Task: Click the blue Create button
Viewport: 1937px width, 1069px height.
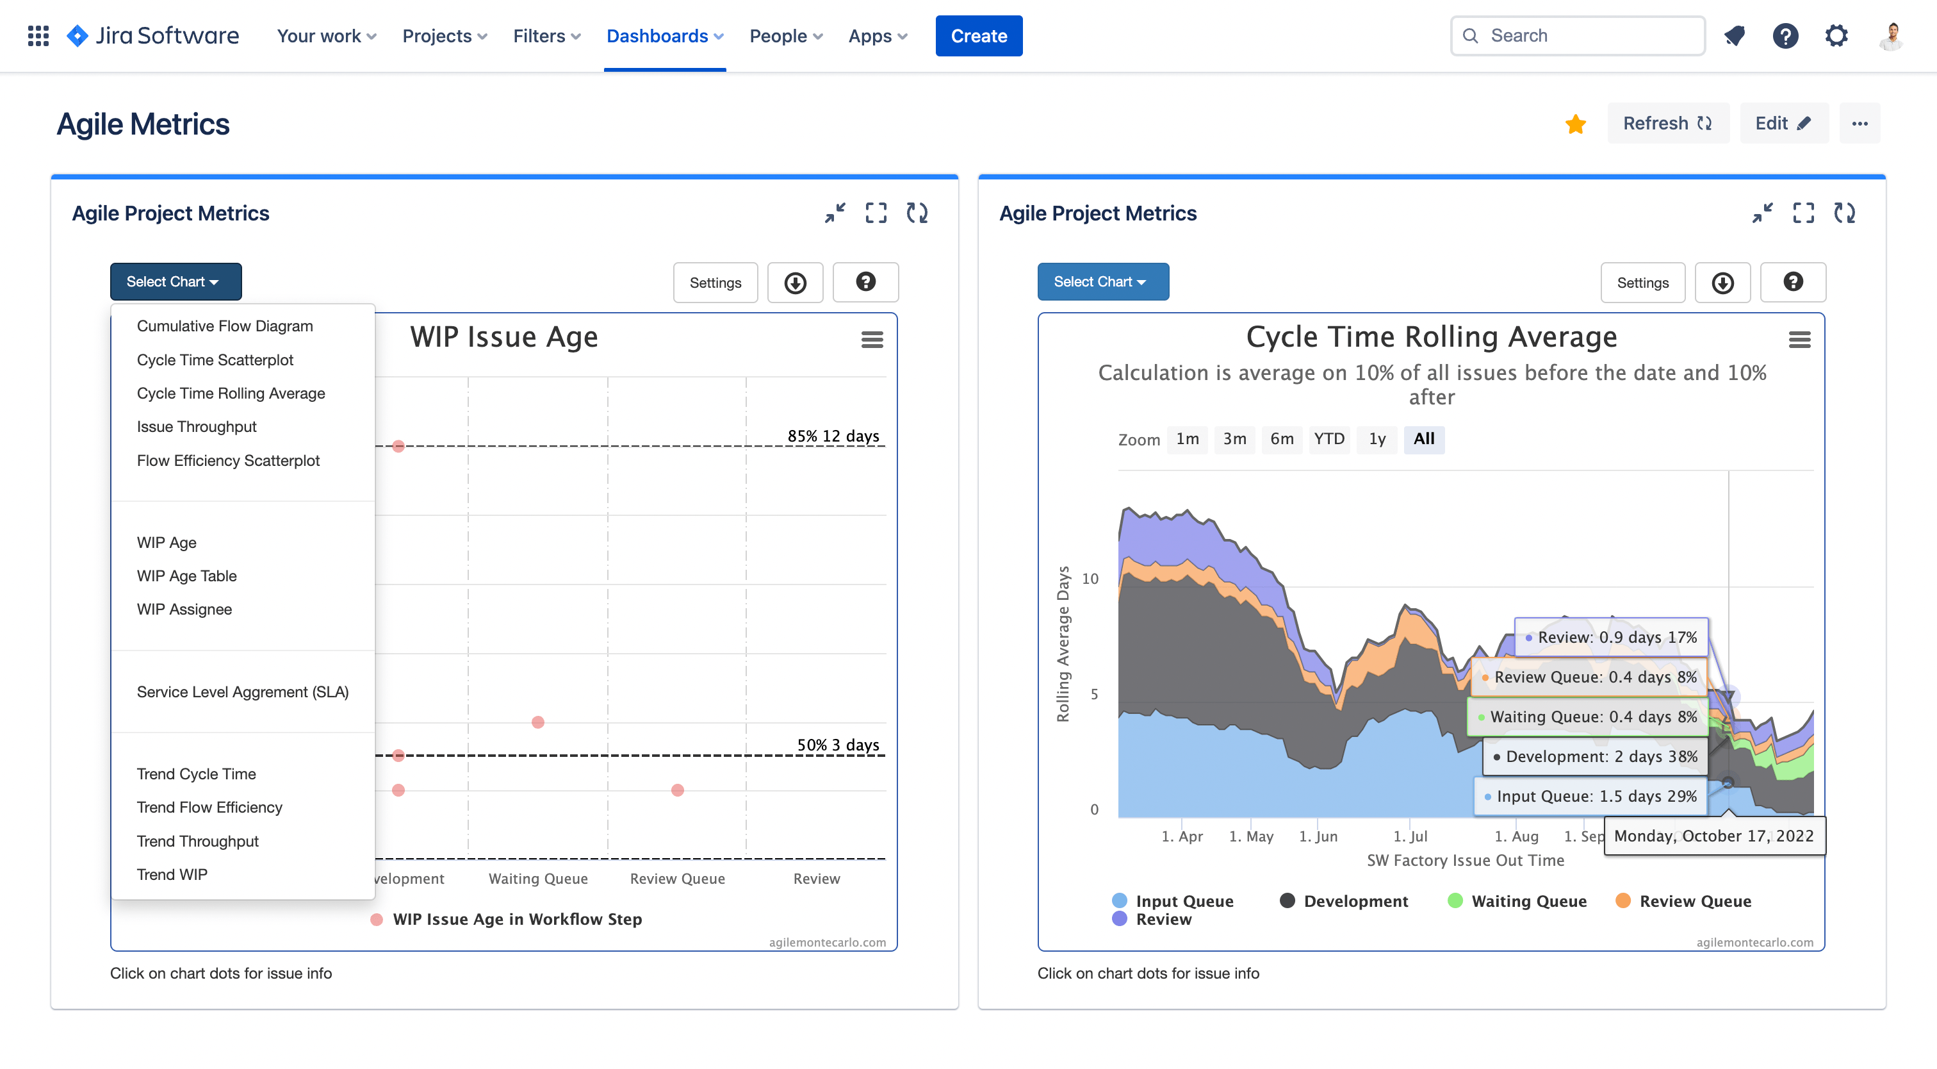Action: click(x=978, y=36)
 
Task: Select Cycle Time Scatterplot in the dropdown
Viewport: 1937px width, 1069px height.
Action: click(x=215, y=360)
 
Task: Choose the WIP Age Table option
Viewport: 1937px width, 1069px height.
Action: click(x=186, y=576)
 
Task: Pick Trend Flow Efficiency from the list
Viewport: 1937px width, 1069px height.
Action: click(x=209, y=808)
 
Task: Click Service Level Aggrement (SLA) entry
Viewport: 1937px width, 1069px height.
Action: click(x=242, y=692)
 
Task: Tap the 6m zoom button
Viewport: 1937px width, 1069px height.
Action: click(x=1281, y=438)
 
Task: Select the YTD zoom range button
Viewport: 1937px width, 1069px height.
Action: click(x=1328, y=438)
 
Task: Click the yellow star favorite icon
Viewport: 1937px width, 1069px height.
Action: click(x=1575, y=124)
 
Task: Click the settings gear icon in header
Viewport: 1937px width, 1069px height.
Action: click(x=1836, y=36)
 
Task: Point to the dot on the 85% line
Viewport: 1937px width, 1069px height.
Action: click(x=398, y=446)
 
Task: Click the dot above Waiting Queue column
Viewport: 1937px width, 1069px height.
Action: click(x=537, y=722)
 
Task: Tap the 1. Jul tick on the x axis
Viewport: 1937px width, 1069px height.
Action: click(x=1410, y=836)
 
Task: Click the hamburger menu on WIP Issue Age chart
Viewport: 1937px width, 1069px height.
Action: click(x=872, y=340)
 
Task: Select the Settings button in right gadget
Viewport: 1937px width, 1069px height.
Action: click(x=1642, y=283)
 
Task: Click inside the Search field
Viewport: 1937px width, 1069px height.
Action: click(x=1587, y=36)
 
